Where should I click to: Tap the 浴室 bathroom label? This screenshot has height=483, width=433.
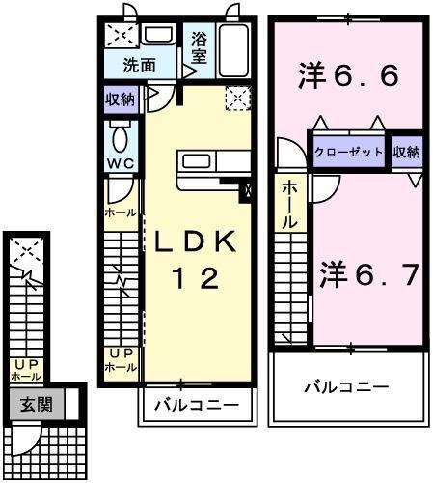click(199, 48)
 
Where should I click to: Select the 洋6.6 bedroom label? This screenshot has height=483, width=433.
click(347, 75)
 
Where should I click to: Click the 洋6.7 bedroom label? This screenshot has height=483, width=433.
click(367, 275)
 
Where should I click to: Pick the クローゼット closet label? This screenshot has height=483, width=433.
click(347, 152)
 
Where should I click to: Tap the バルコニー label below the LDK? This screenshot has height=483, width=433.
click(197, 403)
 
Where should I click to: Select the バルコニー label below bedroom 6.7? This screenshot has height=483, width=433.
click(347, 386)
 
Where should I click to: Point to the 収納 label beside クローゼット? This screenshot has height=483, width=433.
click(406, 152)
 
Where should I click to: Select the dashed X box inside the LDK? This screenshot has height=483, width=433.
click(236, 97)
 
